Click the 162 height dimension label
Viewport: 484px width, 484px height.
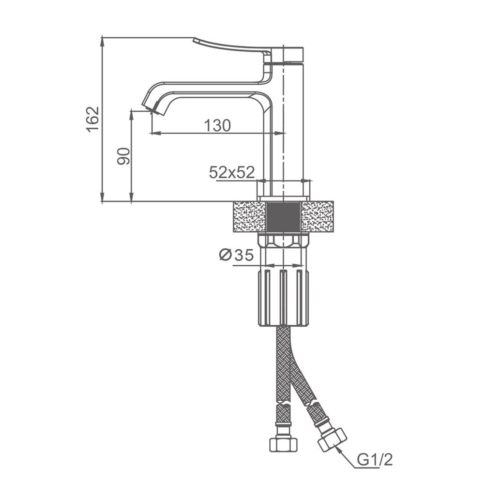tap(93, 120)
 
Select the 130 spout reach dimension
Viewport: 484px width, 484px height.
tap(217, 125)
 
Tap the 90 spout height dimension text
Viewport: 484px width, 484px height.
tap(123, 156)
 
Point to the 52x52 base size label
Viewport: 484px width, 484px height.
tap(232, 172)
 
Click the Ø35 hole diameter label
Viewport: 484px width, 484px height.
tap(236, 255)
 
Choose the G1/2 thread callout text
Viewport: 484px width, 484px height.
tap(375, 460)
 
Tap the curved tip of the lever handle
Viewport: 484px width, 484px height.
tap(195, 40)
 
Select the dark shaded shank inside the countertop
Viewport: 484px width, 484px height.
tap(283, 217)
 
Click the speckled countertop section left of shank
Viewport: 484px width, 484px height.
tap(249, 217)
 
